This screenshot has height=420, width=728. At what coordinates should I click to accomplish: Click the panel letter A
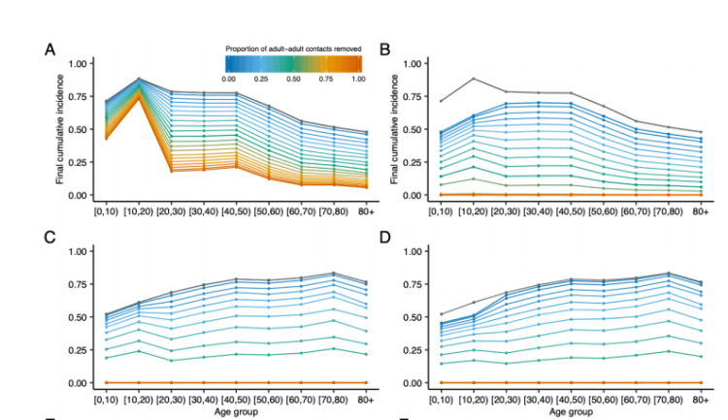pos(49,49)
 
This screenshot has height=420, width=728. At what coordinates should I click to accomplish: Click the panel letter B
pos(384,49)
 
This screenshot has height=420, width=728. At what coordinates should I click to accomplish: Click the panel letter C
pos(49,237)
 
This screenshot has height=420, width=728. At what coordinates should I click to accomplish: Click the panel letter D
pos(384,237)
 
